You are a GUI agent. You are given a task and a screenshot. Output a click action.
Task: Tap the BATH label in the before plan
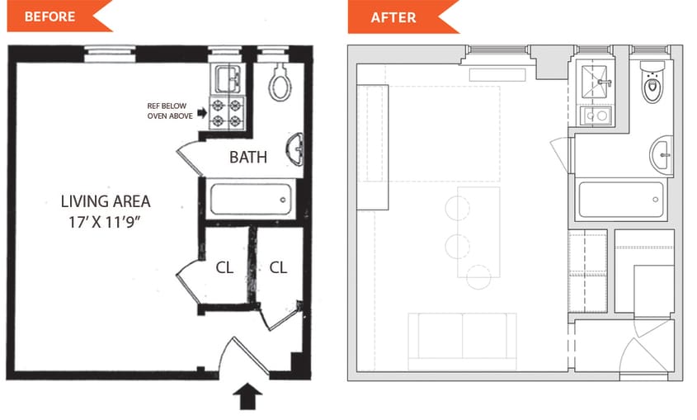click(248, 157)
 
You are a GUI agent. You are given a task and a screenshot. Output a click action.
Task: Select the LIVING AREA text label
click(106, 201)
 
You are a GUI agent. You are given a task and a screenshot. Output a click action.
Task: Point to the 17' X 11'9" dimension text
click(106, 222)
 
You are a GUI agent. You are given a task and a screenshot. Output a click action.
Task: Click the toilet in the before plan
click(280, 83)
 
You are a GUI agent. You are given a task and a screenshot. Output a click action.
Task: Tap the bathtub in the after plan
click(621, 199)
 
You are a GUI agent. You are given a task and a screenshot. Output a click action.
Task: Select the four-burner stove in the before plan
click(228, 112)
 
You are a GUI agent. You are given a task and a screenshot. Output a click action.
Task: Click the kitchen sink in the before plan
click(228, 78)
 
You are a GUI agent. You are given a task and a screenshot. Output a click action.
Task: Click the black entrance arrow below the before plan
click(249, 398)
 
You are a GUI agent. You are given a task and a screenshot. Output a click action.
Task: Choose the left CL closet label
click(224, 267)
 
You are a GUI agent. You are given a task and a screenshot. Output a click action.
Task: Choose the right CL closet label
click(278, 267)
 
